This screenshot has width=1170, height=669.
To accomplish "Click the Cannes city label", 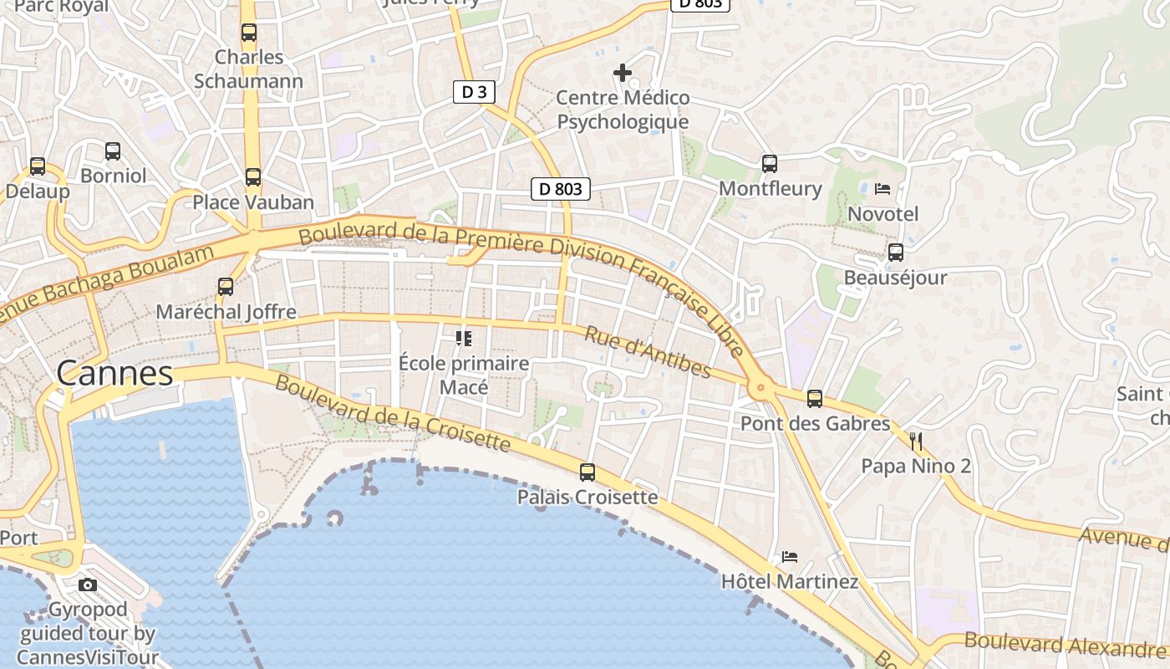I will tap(114, 373).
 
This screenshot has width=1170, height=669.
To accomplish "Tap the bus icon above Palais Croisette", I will tap(588, 472).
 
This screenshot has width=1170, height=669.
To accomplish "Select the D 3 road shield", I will tap(474, 92).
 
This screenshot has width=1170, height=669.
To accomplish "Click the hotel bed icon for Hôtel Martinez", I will tap(790, 556).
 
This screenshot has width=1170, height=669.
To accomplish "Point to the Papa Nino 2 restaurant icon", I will tap(916, 441).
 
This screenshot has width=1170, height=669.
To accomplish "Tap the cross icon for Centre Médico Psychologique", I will tap(623, 73).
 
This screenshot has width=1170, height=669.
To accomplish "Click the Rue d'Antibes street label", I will tap(648, 352).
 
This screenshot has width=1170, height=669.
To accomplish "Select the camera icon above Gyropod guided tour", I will tap(88, 585).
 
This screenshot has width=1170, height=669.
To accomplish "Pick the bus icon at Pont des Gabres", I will tap(815, 399).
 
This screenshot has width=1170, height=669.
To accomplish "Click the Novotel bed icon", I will tap(883, 188).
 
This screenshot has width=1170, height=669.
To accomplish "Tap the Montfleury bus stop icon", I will tap(770, 164).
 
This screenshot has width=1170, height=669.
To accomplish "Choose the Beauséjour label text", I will tap(895, 278).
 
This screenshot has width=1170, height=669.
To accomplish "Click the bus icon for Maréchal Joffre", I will tap(226, 287).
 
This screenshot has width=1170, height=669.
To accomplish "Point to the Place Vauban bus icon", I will tap(253, 177).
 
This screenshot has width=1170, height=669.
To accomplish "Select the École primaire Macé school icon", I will tap(464, 339).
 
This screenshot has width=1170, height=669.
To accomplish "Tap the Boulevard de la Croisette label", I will tap(392, 413).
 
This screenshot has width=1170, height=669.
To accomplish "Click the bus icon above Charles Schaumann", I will tap(249, 33).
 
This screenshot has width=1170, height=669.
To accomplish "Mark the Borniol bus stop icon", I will tap(113, 151).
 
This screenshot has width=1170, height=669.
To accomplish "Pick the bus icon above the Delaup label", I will tap(38, 166).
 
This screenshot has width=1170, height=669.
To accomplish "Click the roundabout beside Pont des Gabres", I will tap(760, 388).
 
